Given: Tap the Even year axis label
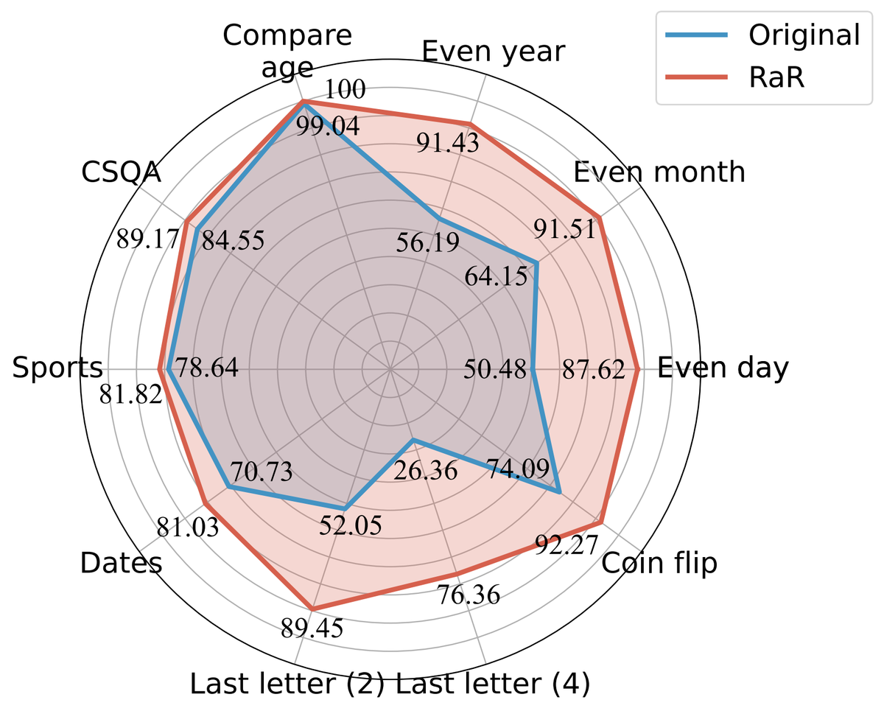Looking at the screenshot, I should [x=493, y=52].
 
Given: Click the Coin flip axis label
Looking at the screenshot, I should [x=659, y=564].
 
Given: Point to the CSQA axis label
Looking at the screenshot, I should [x=121, y=173].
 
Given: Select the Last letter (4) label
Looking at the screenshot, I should [x=493, y=684].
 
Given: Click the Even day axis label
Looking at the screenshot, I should [x=722, y=368].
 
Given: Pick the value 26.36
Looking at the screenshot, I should [x=425, y=470].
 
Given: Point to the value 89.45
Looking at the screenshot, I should [x=311, y=628].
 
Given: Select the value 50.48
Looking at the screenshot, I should [x=496, y=369].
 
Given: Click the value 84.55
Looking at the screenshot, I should [x=233, y=241].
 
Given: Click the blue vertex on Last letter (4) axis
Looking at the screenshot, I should [x=413, y=441].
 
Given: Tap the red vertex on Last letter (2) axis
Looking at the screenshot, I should [x=312, y=609].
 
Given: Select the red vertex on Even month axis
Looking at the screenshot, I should [x=600, y=218].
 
